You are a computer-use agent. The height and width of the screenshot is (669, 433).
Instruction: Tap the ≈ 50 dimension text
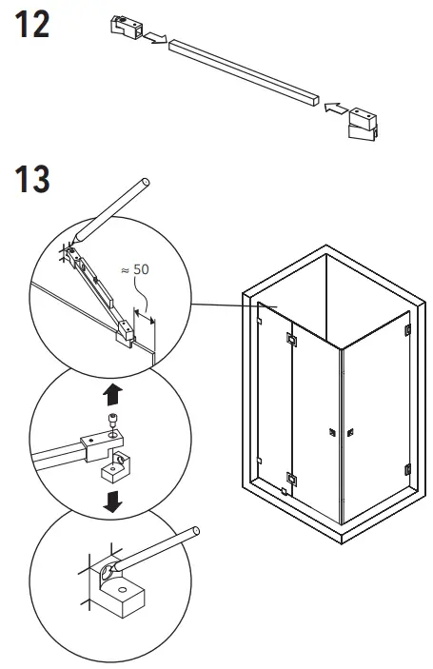[137, 271]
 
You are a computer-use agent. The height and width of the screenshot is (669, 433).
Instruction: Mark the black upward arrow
[111, 393]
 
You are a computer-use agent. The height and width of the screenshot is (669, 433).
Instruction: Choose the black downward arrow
[111, 502]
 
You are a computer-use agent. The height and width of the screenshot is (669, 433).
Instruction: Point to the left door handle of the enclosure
[331, 434]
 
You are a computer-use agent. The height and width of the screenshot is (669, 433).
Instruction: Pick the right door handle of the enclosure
[350, 434]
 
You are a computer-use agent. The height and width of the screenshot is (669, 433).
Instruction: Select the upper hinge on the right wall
[407, 330]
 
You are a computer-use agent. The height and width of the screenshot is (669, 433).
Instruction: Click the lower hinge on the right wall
[407, 469]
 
